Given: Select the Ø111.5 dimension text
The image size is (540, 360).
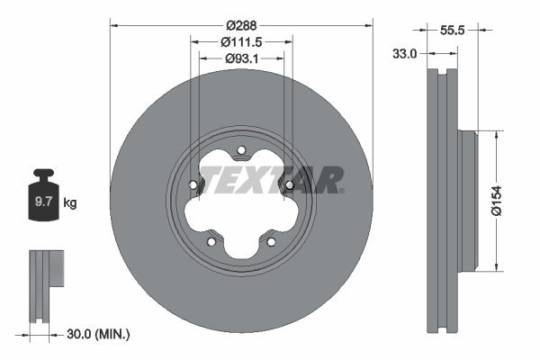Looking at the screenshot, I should (240, 42).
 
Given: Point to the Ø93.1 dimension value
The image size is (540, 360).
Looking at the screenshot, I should (240, 58).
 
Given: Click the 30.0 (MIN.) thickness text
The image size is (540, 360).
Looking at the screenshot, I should (99, 334).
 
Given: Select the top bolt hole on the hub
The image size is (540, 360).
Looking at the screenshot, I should (241, 150).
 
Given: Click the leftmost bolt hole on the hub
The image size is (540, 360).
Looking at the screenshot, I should (193, 185).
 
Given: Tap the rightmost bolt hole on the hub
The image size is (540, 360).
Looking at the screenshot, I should (289, 185).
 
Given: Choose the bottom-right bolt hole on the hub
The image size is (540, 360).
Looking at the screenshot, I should (271, 240).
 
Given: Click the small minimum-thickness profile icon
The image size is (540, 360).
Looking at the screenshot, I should (45, 269).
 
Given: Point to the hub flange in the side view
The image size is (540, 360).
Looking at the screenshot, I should (467, 199).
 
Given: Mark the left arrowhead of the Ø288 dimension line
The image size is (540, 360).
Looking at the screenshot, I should (113, 25).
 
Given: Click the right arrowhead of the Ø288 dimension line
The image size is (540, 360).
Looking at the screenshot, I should (369, 25).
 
